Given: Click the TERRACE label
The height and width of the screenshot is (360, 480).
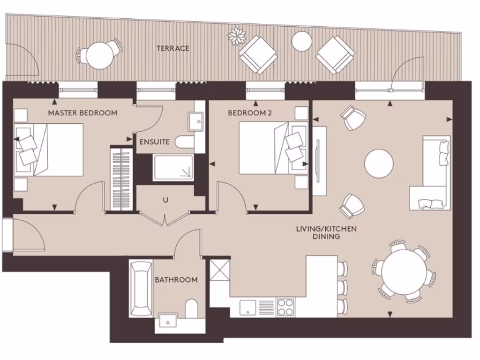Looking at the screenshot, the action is (x=173, y=48).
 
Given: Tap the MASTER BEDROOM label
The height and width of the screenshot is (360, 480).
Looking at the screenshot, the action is (x=82, y=113).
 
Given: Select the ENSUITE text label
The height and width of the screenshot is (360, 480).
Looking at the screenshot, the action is (x=154, y=142).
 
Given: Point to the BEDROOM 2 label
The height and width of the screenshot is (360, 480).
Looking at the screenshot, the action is (x=249, y=113).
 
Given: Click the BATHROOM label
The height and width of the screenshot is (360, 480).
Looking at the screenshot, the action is (x=176, y=279).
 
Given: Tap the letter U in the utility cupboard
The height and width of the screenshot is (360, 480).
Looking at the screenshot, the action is (x=165, y=200).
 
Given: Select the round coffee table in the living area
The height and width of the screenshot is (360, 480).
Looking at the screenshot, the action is (x=379, y=163).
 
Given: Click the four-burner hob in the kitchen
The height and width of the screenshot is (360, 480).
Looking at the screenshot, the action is (x=285, y=307).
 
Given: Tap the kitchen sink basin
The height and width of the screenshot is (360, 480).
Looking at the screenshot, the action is (x=248, y=307).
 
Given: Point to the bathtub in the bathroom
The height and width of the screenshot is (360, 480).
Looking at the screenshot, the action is (x=141, y=289).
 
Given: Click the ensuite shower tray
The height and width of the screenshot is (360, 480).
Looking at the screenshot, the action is (x=173, y=167).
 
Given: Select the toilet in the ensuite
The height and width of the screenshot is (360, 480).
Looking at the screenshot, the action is (x=184, y=142).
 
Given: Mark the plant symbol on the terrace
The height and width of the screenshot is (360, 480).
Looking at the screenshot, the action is (x=237, y=36).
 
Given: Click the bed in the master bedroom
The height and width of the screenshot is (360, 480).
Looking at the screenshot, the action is (x=49, y=150).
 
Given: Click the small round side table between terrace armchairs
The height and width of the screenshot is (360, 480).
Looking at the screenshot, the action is (x=302, y=41).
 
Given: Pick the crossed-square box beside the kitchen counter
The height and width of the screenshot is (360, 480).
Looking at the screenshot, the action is (x=220, y=270).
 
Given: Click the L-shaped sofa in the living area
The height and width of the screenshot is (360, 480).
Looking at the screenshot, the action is (x=430, y=173).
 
